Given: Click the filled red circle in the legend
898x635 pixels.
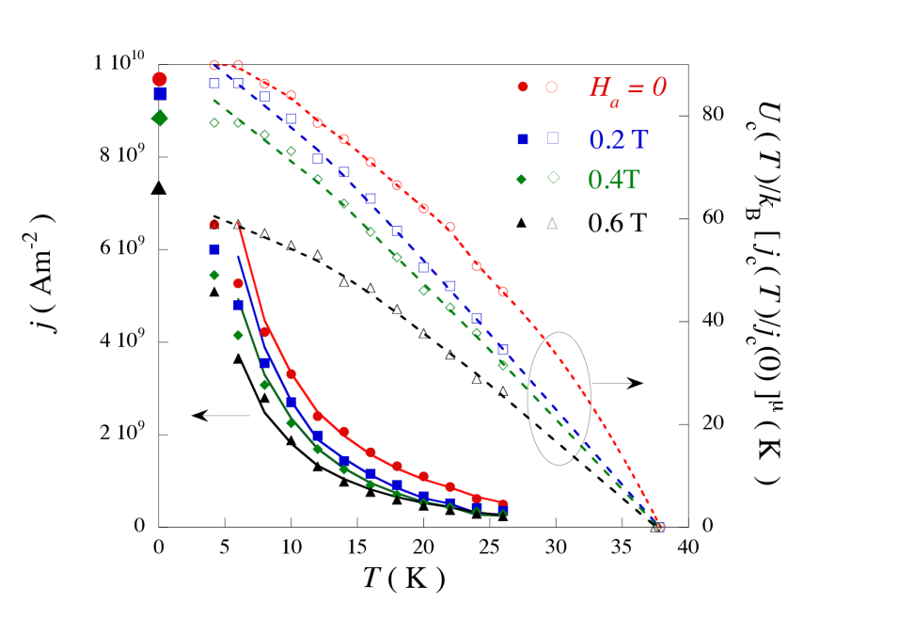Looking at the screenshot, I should tap(523, 87).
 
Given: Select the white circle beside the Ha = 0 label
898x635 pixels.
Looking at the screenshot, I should tap(551, 87).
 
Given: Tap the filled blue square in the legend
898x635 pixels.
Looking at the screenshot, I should tap(523, 138).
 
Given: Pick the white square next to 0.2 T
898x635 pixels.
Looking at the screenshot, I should tap(553, 138).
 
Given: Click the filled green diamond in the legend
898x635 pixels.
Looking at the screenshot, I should tap(522, 179).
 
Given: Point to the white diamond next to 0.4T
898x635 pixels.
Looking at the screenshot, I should tap(553, 177).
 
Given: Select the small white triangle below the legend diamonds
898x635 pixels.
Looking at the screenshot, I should tap(552, 223).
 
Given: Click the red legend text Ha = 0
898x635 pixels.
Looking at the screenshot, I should tap(627, 88).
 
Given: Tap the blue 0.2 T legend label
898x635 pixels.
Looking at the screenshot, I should tap(618, 139).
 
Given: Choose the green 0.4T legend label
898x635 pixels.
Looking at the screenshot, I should tap(613, 180).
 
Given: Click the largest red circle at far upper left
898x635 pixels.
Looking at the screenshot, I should tap(160, 79).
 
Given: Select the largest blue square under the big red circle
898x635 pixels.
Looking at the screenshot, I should tap(160, 94).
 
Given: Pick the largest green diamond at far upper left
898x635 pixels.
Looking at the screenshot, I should tap(160, 118).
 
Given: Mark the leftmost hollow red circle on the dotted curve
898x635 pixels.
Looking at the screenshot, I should tap(214, 66).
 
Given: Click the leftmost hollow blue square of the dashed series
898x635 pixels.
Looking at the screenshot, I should tap(214, 83).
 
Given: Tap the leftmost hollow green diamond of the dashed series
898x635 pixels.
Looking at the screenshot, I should tap(214, 122).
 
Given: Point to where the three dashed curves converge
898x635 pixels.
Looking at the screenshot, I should tap(659, 527).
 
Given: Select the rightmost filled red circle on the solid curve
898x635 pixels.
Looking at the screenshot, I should tap(503, 504).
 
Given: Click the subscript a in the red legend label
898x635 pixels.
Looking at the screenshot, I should tap(614, 102).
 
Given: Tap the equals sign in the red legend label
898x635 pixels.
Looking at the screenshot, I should tap(636, 88).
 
